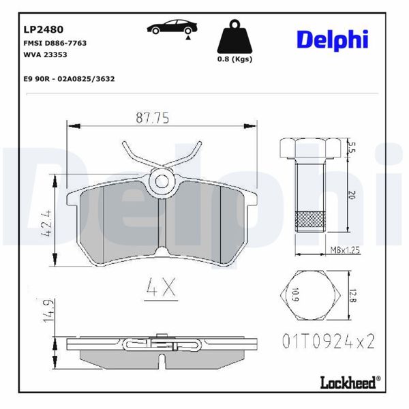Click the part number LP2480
point(44,29)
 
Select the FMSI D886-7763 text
point(55,43)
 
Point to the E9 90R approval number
point(68,79)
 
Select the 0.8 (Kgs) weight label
point(233,59)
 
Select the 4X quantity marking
point(162,289)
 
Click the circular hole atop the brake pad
point(162,181)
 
